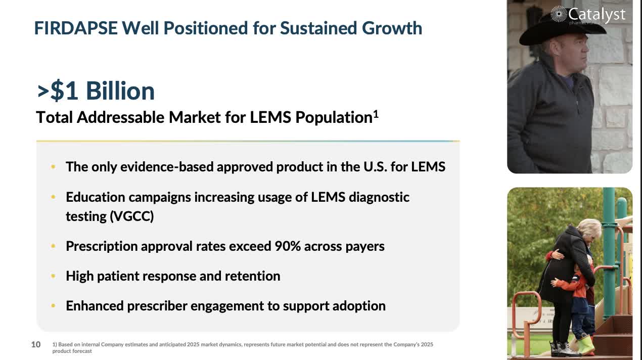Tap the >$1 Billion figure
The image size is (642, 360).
coord(96,91)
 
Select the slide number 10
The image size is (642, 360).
coord(36,345)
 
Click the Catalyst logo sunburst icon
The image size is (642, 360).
coord(558,14)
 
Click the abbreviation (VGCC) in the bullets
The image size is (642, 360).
coord(131,216)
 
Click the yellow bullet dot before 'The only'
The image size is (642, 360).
coord(54,167)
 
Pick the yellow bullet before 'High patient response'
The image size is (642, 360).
coord(54,276)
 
